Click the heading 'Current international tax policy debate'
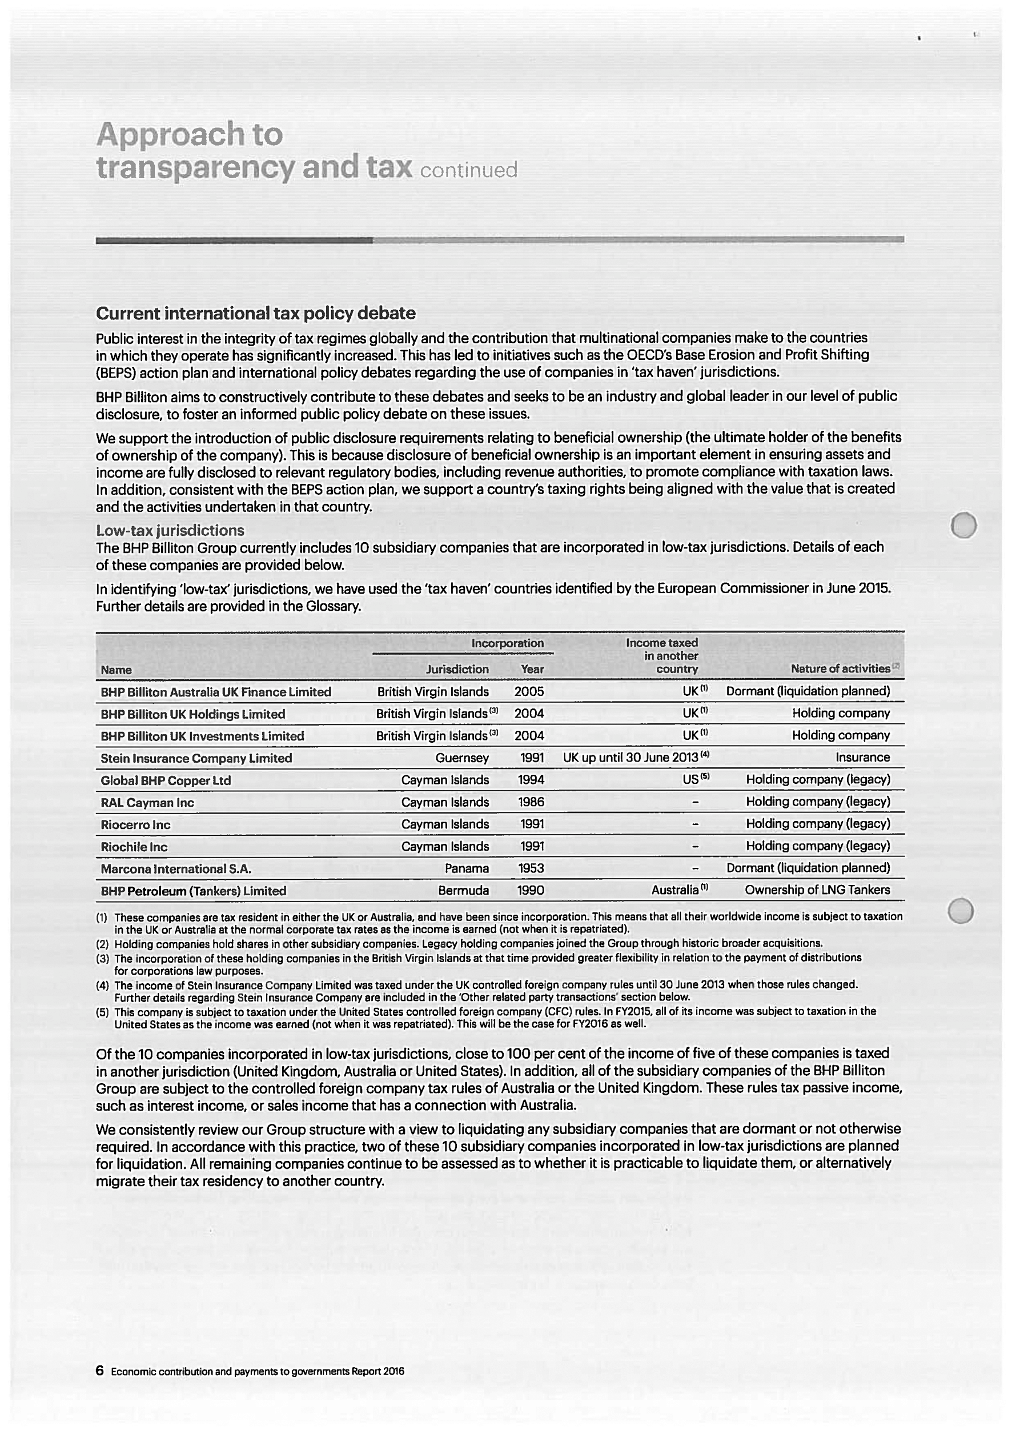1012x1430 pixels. pos(255,313)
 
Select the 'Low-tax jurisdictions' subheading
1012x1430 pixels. pos(170,531)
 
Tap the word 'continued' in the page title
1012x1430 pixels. pos(469,170)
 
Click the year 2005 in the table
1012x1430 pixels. pos(529,691)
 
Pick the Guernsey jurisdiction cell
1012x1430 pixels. pos(462,758)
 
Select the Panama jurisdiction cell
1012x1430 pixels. pos(467,868)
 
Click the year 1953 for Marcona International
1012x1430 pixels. pos(531,868)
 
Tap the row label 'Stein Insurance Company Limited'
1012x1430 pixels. pos(196,759)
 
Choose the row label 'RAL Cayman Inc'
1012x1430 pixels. pos(147,803)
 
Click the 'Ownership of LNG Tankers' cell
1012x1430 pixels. pos(817,890)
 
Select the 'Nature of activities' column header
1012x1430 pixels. pos(840,669)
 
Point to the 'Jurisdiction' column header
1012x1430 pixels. pos(457,670)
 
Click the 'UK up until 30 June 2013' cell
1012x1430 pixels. pos(631,758)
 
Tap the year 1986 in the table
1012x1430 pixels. pos(531,802)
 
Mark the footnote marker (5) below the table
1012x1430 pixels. pos(102,1012)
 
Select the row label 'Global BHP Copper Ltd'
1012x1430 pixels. pos(166,780)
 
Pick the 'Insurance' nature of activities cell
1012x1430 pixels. pos(862,758)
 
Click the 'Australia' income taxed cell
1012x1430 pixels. pos(675,890)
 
